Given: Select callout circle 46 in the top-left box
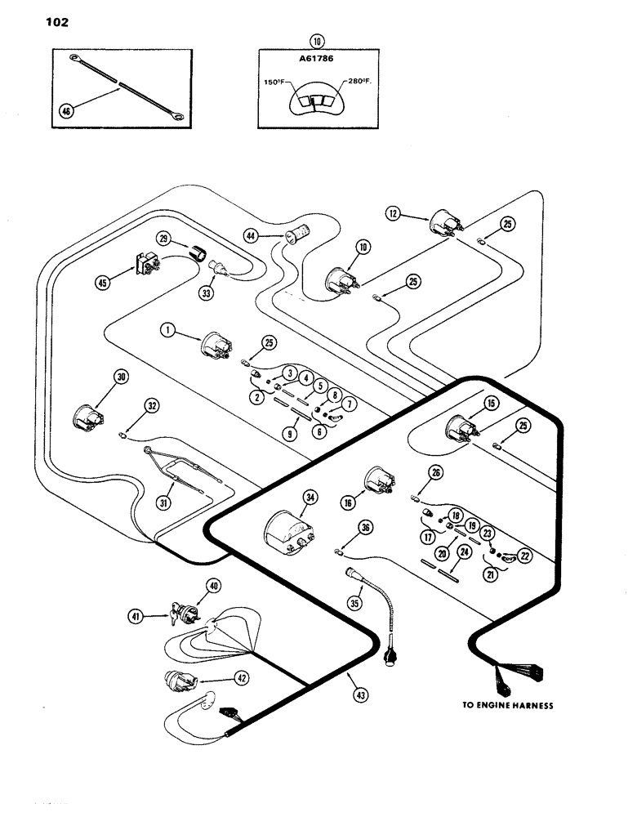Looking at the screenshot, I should pyautogui.click(x=69, y=112).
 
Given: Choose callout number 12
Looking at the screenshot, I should pyautogui.click(x=394, y=214).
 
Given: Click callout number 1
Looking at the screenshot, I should pyautogui.click(x=167, y=332).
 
